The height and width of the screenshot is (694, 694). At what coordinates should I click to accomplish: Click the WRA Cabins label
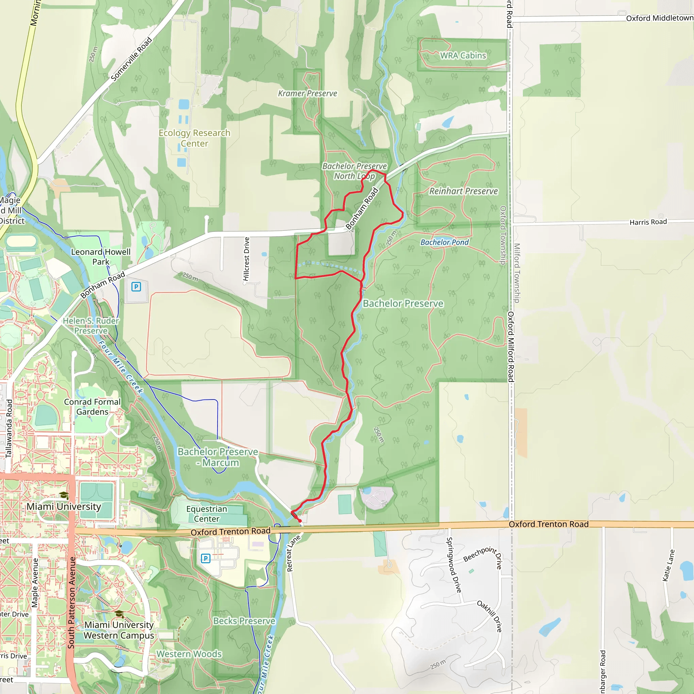pos(463,56)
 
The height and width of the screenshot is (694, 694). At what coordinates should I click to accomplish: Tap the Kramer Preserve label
pos(307,94)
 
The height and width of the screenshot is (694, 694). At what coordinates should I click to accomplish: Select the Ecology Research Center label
pos(194,138)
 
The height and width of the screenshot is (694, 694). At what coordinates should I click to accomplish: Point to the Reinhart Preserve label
pos(463,191)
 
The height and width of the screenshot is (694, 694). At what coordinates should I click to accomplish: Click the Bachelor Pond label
pos(444,243)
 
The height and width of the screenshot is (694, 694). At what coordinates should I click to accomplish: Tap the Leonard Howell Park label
pos(101,257)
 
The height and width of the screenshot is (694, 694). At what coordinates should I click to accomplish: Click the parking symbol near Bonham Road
pos(136,287)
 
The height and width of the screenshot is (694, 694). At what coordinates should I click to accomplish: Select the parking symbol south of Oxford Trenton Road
pos(205,558)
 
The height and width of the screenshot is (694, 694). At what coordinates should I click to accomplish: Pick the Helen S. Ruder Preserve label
pos(91,326)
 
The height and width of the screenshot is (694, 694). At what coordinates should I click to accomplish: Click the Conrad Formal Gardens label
pos(92,407)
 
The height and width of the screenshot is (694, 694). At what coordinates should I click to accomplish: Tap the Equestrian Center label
pos(207,514)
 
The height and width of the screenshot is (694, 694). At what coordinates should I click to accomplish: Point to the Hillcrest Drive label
pos(246,259)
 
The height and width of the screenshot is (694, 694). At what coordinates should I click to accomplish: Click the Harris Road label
pos(648,222)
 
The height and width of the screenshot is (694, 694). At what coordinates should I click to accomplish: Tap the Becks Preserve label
pos(244,621)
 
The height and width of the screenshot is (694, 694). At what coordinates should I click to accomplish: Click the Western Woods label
pos(189,654)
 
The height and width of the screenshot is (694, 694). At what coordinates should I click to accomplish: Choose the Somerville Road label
pos(131,59)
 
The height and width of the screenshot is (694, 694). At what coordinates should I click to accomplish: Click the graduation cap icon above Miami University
pos(64,496)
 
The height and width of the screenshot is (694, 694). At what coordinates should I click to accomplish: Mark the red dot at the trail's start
pos(300,520)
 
